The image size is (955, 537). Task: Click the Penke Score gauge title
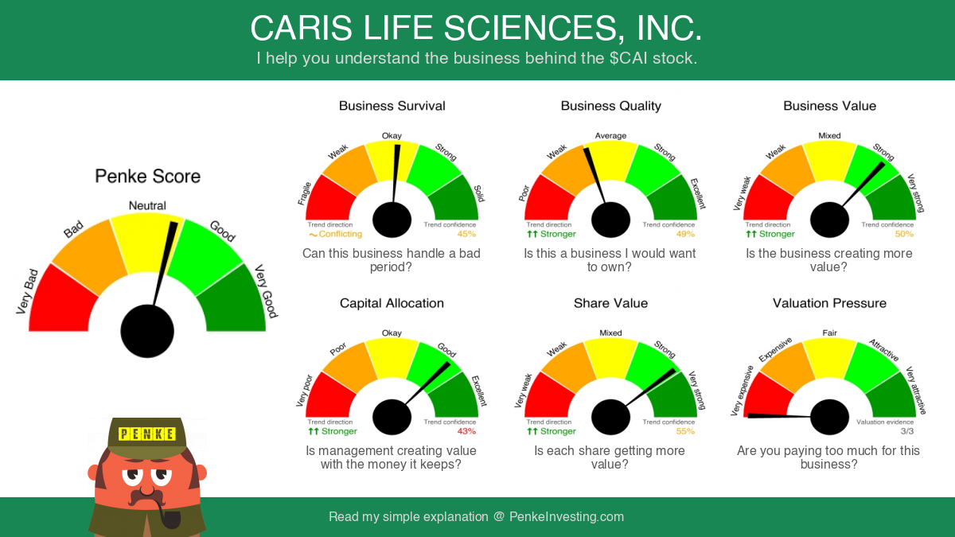pos(147,176)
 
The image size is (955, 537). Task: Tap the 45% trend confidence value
pos(466,234)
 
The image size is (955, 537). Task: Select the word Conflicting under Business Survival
pos(341,234)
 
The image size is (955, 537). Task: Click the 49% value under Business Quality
pos(685,234)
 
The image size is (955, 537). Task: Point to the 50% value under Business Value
pos(904,234)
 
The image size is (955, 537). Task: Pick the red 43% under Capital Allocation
pos(466,431)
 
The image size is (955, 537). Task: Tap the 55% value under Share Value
pos(685,431)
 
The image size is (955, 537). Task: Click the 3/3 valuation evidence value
pos(906,431)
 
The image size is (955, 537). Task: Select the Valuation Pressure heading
pos(829,303)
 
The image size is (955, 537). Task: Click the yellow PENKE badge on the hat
pos(147,434)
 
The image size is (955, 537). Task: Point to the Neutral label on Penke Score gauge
pos(147,205)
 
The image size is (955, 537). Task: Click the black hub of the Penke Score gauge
pos(147,331)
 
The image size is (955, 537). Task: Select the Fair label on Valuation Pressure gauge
pos(829,333)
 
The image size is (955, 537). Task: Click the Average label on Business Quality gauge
pos(610,135)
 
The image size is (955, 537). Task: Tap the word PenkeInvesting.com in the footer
pos(567,516)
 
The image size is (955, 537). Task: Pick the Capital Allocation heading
pos(392,303)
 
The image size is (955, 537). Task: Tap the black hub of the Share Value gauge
pos(610,417)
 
